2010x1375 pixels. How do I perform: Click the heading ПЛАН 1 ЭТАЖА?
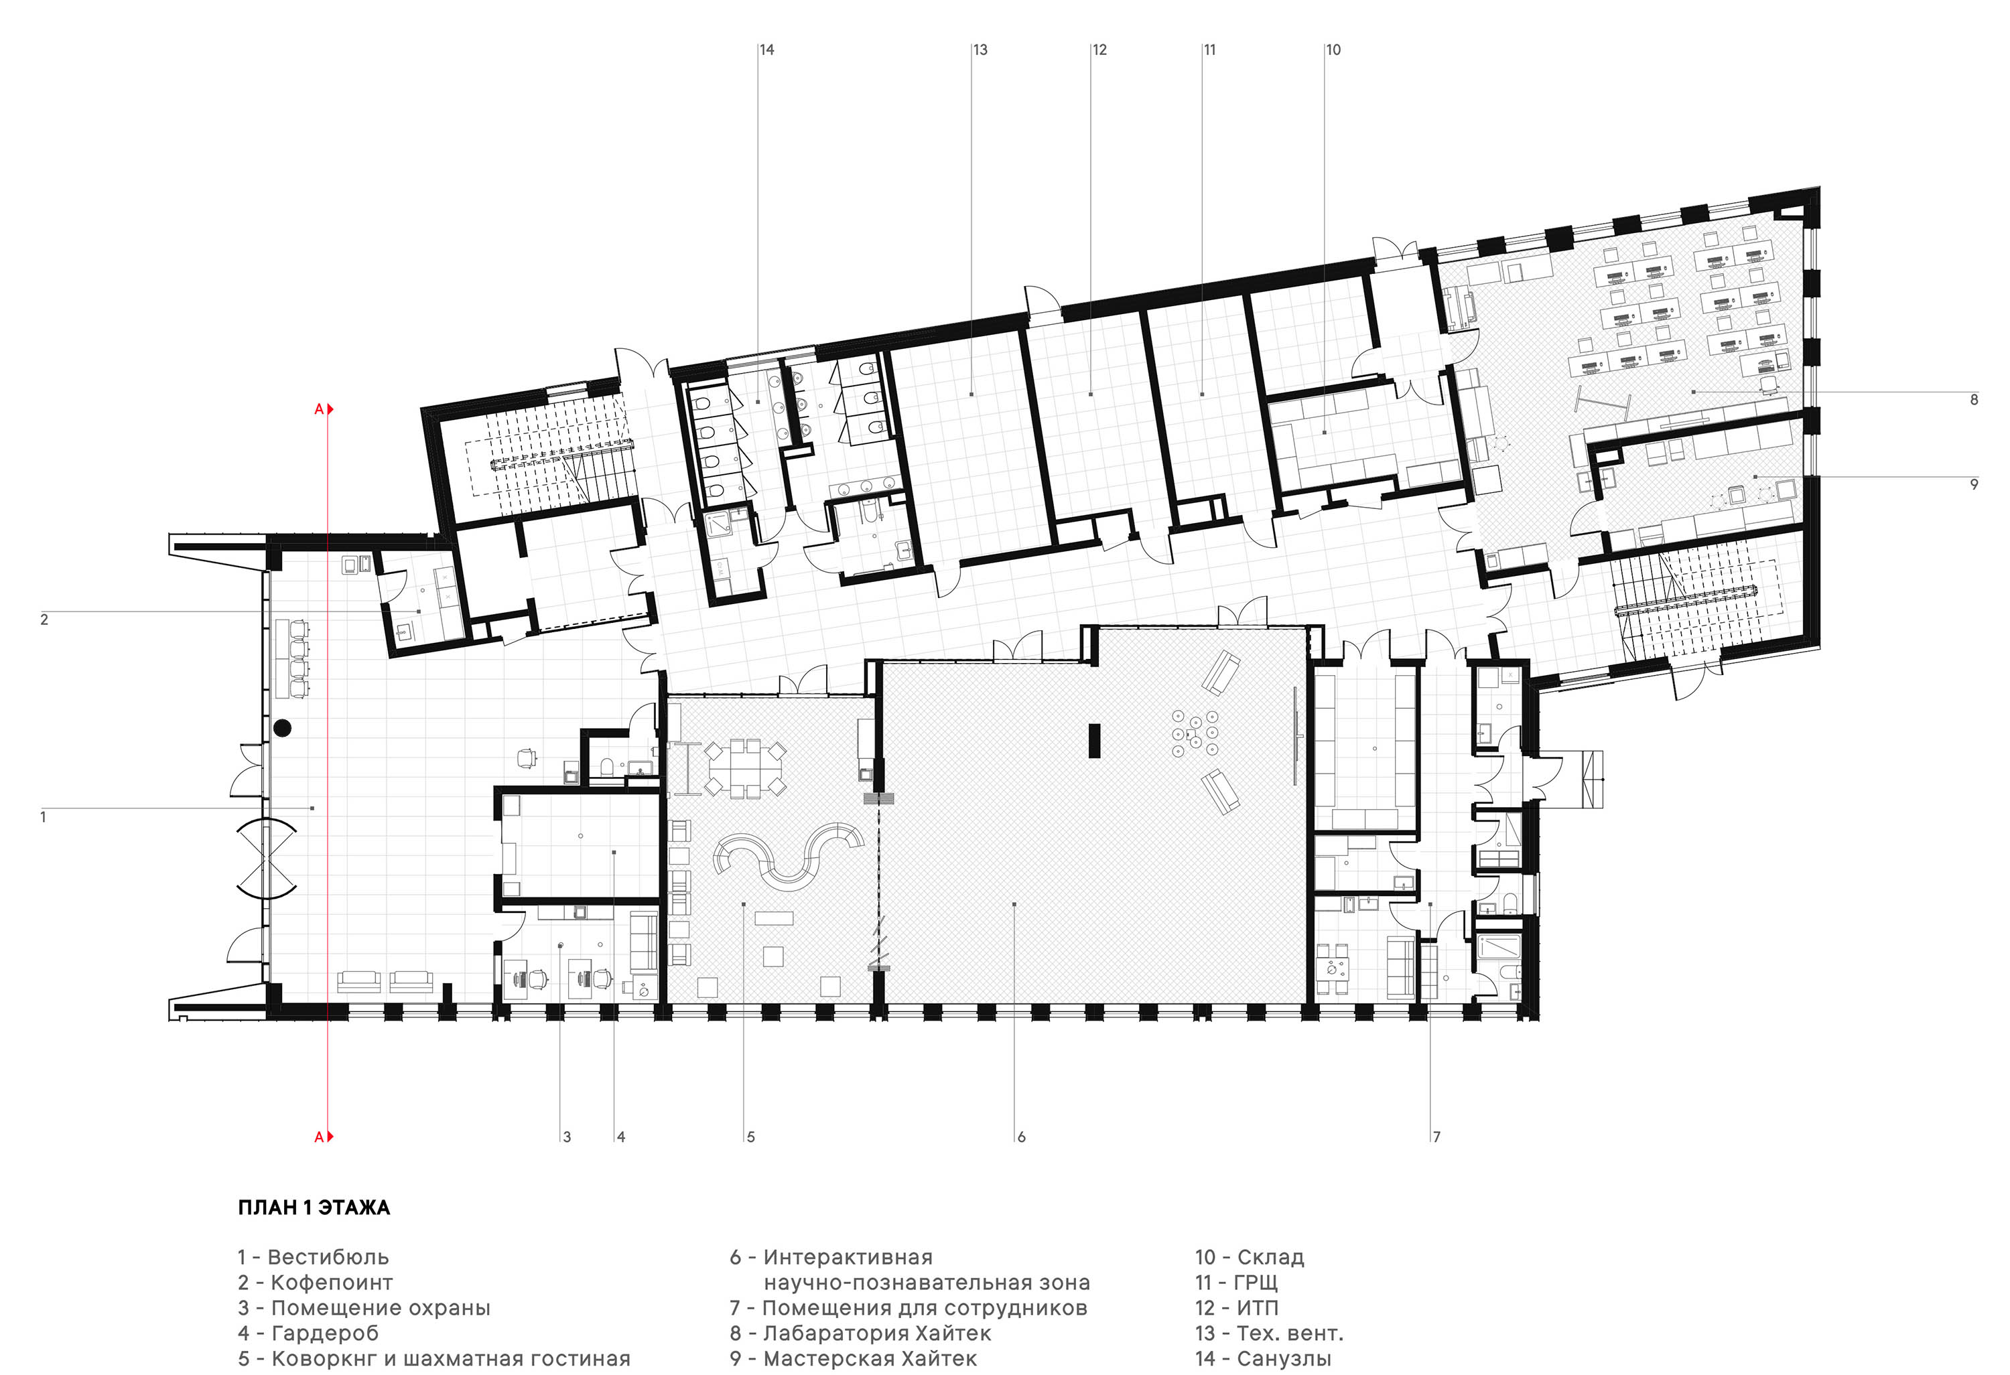pos(314,1208)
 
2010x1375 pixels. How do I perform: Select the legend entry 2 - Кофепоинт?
pos(316,1283)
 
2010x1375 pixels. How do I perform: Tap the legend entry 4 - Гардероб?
pos(308,1333)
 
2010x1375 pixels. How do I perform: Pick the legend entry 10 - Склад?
pos(1250,1257)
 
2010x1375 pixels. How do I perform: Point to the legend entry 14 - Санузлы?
pos(1264,1358)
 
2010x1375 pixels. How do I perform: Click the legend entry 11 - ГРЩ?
pos(1237,1283)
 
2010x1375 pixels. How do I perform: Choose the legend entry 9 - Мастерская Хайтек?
pos(854,1358)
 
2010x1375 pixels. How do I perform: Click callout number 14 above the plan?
pos(766,50)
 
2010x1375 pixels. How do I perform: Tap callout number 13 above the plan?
pos(980,50)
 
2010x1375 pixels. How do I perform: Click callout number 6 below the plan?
pos(1022,1137)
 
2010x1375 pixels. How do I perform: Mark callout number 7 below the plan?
pos(1436,1137)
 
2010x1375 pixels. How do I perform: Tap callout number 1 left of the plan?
pos(44,816)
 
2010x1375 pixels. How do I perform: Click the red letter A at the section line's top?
pos(319,409)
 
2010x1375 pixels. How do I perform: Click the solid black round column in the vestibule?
pos(282,728)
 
